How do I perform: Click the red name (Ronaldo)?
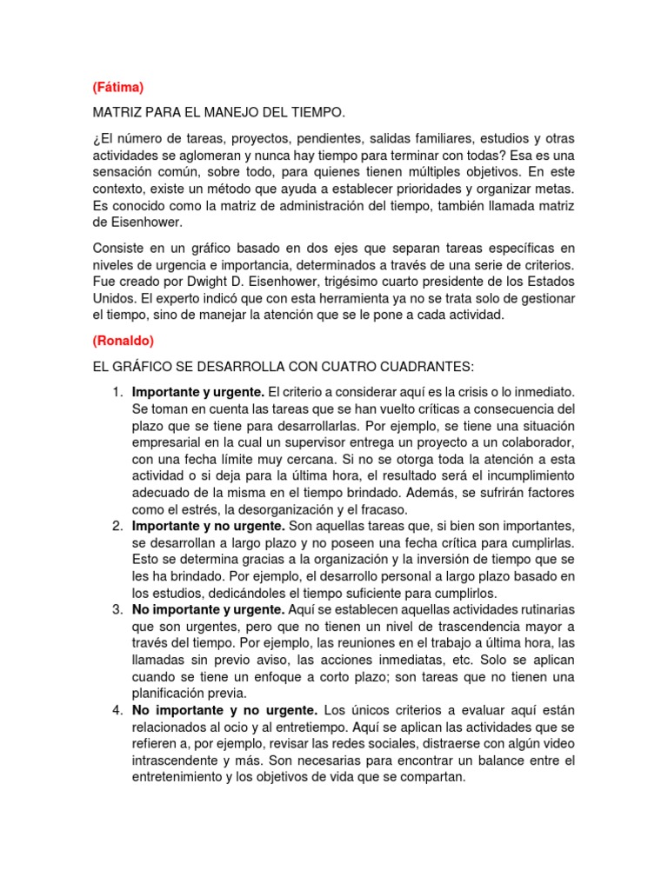click(x=123, y=341)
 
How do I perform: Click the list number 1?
click(x=117, y=393)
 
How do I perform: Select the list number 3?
click(x=117, y=609)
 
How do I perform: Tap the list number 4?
click(x=117, y=710)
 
